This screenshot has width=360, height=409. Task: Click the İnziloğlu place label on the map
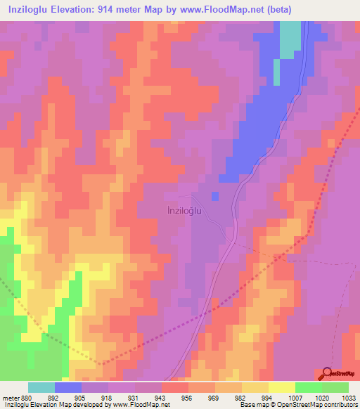189,209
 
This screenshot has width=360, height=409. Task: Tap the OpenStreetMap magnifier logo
328,373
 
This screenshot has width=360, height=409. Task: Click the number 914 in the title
134,9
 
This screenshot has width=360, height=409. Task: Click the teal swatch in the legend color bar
41,387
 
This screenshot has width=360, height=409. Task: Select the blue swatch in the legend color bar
68,387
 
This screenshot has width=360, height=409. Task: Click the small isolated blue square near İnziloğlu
215,195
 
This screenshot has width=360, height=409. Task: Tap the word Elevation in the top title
80,9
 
